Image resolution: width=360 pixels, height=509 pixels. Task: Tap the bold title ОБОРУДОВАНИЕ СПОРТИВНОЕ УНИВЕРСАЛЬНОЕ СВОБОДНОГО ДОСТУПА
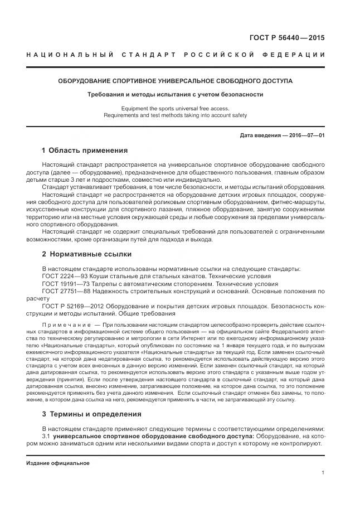click(176, 81)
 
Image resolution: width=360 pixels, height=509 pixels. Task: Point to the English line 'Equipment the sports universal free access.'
click(175, 108)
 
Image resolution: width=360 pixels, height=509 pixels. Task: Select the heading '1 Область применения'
click(85, 151)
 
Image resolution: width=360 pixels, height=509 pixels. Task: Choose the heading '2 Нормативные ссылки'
click(86, 254)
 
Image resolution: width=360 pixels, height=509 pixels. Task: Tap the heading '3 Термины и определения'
click(91, 414)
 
